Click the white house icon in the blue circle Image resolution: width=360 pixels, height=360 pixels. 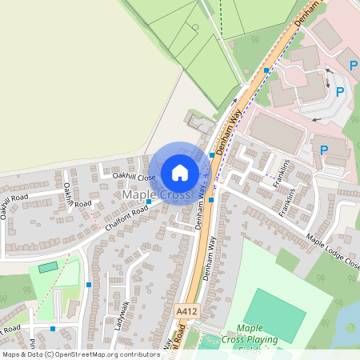click(180, 172)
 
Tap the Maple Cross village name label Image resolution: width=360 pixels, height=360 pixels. click(156, 195)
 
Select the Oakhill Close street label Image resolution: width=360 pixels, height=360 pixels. click(134, 177)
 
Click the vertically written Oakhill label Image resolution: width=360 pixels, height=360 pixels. click(68, 195)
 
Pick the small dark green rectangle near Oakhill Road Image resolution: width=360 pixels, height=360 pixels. click(49, 267)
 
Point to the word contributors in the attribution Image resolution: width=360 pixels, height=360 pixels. click(137, 354)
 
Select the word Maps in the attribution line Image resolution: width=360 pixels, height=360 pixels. click(12, 354)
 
